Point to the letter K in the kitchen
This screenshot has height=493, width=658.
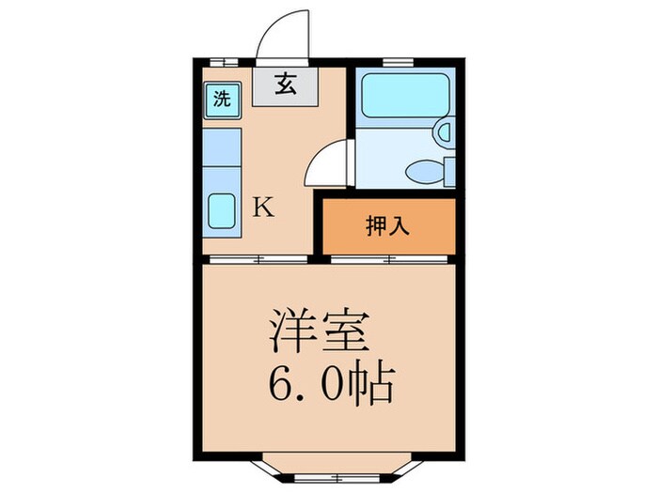264,208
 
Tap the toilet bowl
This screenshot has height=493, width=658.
425,171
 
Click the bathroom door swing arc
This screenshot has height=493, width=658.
329,162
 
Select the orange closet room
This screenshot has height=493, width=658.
387,226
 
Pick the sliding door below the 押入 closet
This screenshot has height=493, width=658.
387,258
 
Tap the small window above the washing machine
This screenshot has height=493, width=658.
223,62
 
